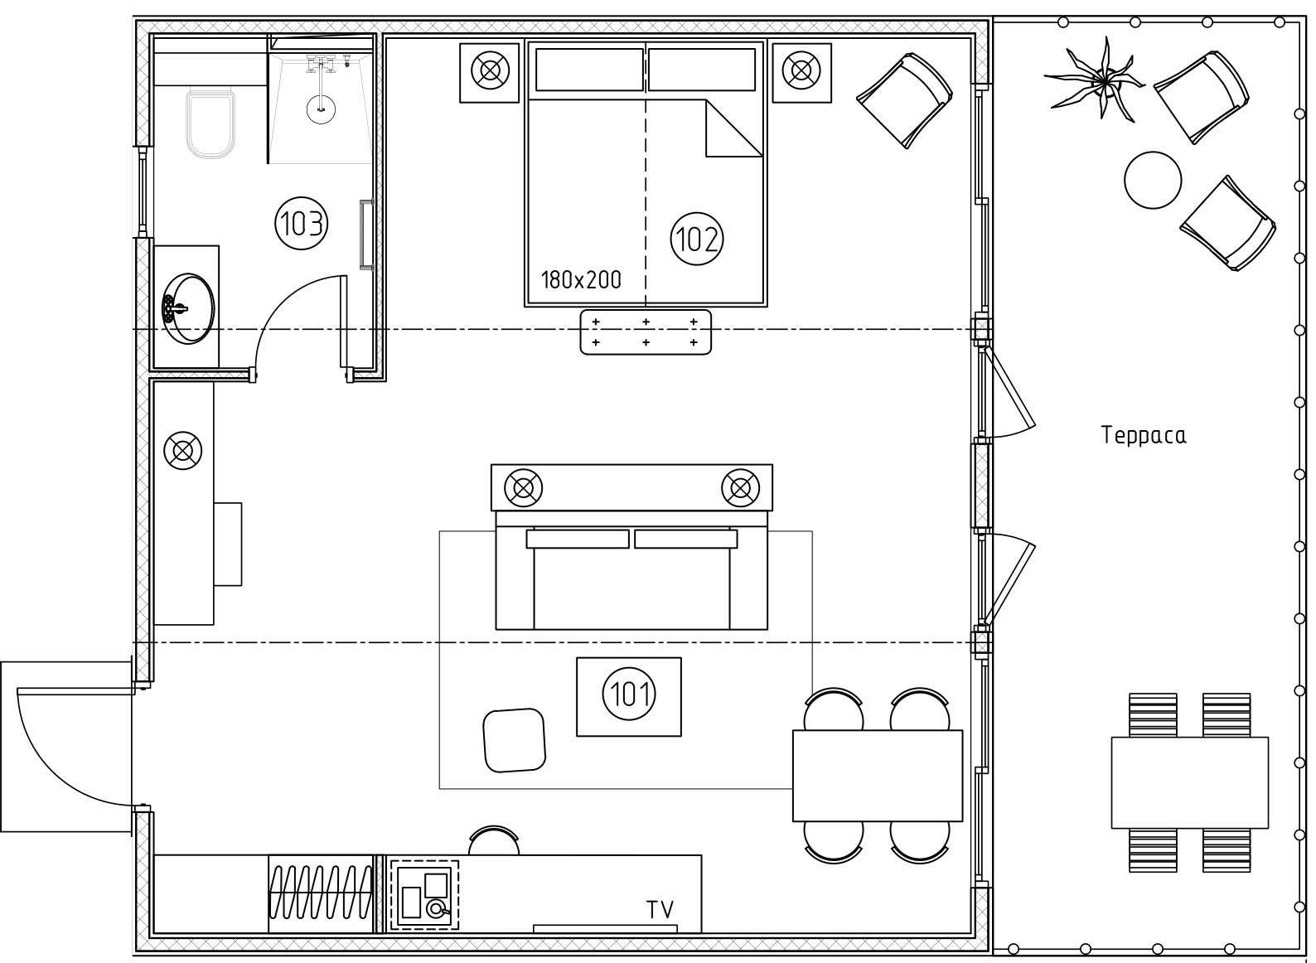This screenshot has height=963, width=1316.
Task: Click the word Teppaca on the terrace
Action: click(1143, 435)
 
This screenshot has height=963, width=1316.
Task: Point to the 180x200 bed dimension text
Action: click(580, 280)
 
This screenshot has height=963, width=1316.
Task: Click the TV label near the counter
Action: click(660, 909)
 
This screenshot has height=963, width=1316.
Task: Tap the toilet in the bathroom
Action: click(210, 123)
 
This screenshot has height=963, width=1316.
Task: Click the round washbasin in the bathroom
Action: click(188, 308)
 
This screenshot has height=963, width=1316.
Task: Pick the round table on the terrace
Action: click(1152, 180)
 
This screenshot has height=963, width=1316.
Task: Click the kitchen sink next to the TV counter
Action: click(424, 895)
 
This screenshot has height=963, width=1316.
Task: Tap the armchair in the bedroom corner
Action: click(905, 100)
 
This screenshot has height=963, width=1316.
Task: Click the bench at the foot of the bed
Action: click(645, 332)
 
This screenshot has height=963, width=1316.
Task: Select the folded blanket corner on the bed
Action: click(733, 128)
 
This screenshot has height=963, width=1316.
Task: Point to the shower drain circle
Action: click(322, 109)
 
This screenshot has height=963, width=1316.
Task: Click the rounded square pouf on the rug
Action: click(514, 740)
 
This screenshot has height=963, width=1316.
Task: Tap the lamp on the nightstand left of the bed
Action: click(490, 71)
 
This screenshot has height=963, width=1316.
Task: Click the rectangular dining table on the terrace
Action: click(1189, 782)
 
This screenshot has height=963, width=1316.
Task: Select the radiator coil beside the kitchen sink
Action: click(321, 893)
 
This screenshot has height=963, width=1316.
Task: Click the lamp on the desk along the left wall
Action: click(182, 451)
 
